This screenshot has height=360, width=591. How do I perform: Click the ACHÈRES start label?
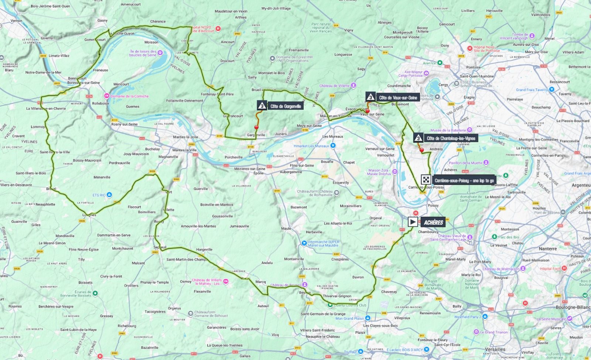[433, 222]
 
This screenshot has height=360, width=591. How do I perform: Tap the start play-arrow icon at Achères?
[413, 222]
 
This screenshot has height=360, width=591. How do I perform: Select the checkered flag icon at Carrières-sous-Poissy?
[426, 180]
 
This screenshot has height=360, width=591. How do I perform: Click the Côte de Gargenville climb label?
[286, 106]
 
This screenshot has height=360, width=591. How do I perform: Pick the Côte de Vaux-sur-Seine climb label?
[398, 98]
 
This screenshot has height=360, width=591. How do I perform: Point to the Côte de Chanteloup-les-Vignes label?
[451, 138]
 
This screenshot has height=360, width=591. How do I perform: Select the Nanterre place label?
[547, 249]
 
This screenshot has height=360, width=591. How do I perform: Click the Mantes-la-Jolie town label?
[185, 137]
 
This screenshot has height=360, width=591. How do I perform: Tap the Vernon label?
[16, 21]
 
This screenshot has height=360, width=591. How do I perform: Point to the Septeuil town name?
[160, 247]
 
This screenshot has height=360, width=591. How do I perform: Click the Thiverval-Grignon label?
[337, 296]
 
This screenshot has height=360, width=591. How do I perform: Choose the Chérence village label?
[158, 21]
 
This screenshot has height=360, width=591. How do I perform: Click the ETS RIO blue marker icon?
[109, 195]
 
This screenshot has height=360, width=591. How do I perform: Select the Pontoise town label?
[473, 68]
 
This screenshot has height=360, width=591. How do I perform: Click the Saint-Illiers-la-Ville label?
[55, 152]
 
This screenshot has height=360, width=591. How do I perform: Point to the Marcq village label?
[260, 282]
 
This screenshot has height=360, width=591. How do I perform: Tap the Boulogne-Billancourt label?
[573, 307]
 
